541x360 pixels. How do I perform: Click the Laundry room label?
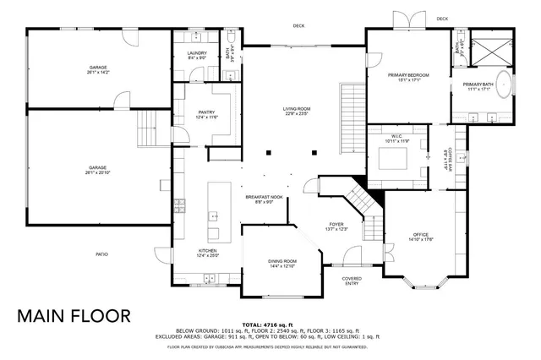(x=197, y=55)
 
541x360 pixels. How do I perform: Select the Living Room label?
(x=297, y=111)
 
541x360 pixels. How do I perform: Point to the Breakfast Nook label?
(x=260, y=199)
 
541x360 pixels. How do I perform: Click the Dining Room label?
(x=282, y=264)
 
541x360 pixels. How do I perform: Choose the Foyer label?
(x=336, y=226)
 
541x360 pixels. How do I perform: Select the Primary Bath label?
(x=478, y=86)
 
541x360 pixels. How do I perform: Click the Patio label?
(x=101, y=254)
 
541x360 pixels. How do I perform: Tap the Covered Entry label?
(x=352, y=281)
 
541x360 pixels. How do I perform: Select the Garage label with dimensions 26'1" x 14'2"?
(x=98, y=70)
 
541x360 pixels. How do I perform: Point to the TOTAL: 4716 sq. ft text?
(x=268, y=325)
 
